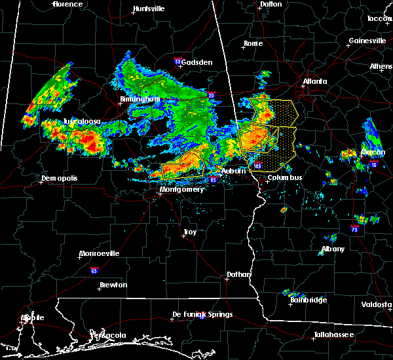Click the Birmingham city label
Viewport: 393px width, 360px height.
pyautogui.click(x=140, y=99)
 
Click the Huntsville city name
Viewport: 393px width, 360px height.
pyautogui.click(x=149, y=9)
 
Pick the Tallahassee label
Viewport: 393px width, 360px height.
pyautogui.click(x=332, y=334)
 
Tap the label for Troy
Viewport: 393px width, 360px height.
pyautogui.click(x=190, y=232)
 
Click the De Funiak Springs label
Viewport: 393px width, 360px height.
pyautogui.click(x=202, y=314)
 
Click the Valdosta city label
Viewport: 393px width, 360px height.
pyautogui.click(x=377, y=304)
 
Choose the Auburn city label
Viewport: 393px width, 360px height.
pyautogui.click(x=234, y=171)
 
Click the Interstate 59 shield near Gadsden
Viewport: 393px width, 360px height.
pyautogui.click(x=178, y=62)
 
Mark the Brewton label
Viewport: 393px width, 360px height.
pyautogui.click(x=113, y=285)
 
